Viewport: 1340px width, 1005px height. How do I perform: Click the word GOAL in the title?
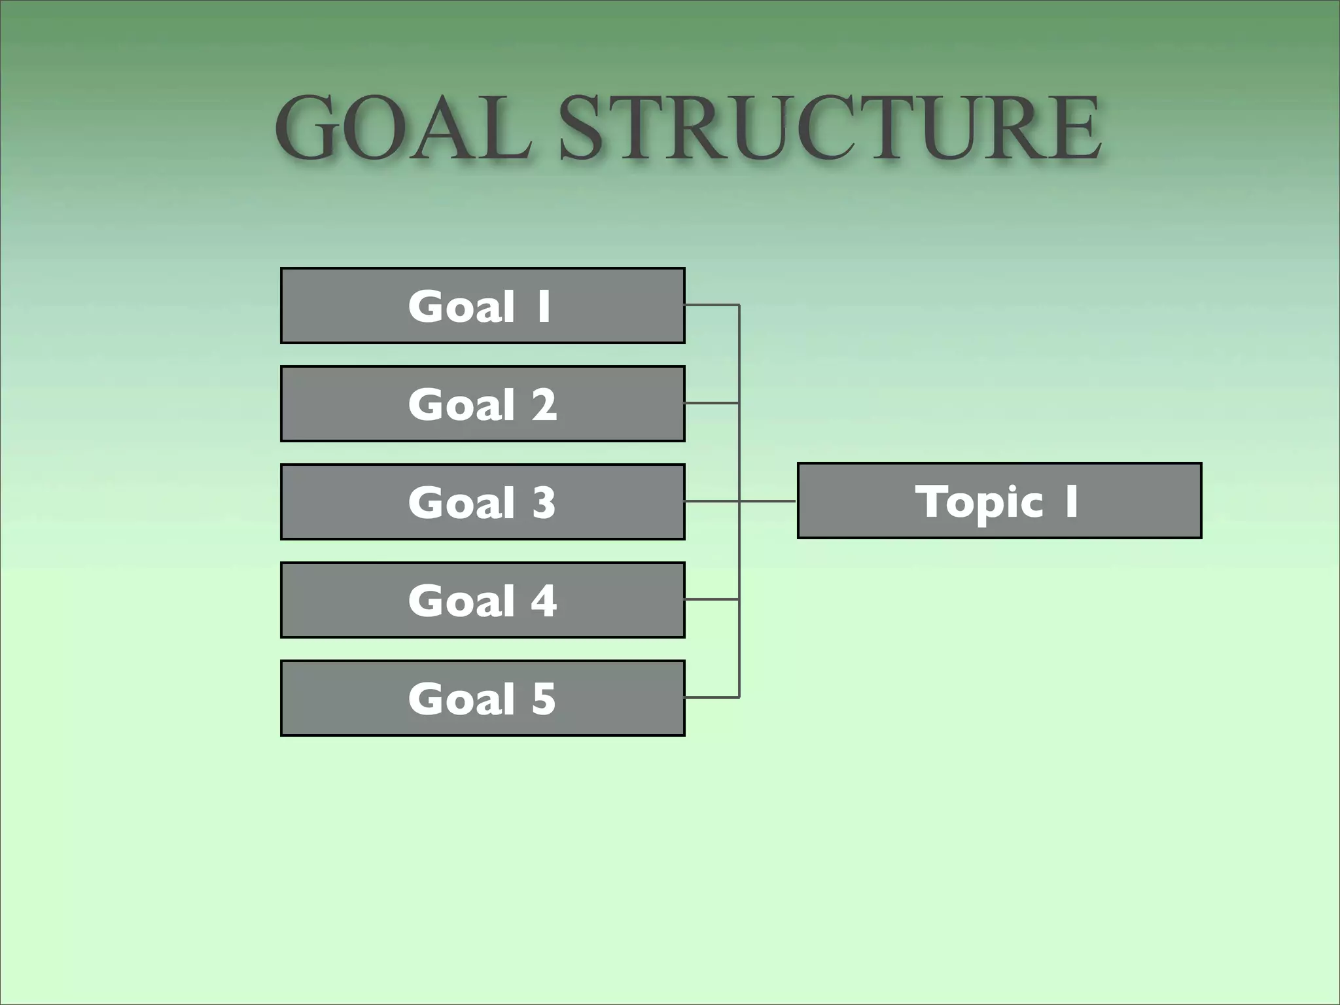(402, 128)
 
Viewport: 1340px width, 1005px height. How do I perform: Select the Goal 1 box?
(483, 306)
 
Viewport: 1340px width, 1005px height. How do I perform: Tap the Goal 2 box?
(483, 404)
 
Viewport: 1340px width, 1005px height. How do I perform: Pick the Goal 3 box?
(483, 502)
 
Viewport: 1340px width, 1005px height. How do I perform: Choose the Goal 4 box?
(483, 600)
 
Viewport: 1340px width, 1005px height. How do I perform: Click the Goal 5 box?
(483, 698)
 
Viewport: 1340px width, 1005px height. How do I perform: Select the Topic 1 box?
(999, 501)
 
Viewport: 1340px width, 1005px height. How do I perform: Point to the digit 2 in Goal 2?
(544, 405)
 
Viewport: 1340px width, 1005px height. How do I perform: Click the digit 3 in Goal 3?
(544, 503)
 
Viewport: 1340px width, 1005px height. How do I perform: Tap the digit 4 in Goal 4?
(544, 601)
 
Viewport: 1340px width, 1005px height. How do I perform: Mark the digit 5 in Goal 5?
(544, 699)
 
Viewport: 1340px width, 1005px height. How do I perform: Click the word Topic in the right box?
(979, 502)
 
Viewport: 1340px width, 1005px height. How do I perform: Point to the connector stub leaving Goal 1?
(712, 305)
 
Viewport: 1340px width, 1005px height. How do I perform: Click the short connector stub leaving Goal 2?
(712, 403)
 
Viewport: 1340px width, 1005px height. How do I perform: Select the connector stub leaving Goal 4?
(712, 599)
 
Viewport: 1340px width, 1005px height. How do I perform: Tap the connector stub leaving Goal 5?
(712, 697)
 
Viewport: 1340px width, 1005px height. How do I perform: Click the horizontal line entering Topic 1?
(768, 501)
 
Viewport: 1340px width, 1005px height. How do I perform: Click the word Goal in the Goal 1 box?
(462, 307)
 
